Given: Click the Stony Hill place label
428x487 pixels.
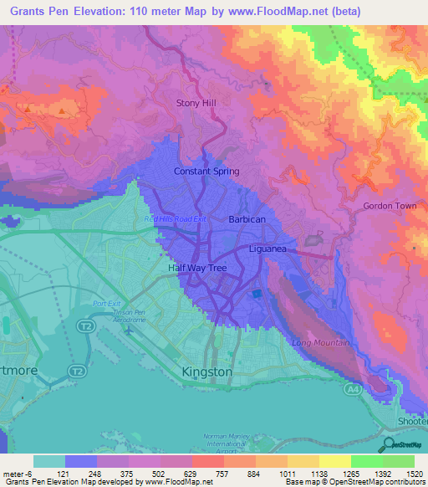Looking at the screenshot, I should click(x=196, y=103).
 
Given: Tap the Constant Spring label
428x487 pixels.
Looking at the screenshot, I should click(x=206, y=172).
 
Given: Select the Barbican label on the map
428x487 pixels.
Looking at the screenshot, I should click(x=247, y=219).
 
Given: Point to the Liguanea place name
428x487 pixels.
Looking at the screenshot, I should click(x=273, y=249).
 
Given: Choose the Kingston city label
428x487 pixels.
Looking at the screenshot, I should click(x=206, y=371).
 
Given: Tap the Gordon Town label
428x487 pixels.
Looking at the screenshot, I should click(x=389, y=206).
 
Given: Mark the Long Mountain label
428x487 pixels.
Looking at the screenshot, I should click(x=321, y=343).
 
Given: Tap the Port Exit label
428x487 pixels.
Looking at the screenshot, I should click(x=108, y=303).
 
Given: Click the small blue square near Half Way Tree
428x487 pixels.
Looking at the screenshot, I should click(x=257, y=294).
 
